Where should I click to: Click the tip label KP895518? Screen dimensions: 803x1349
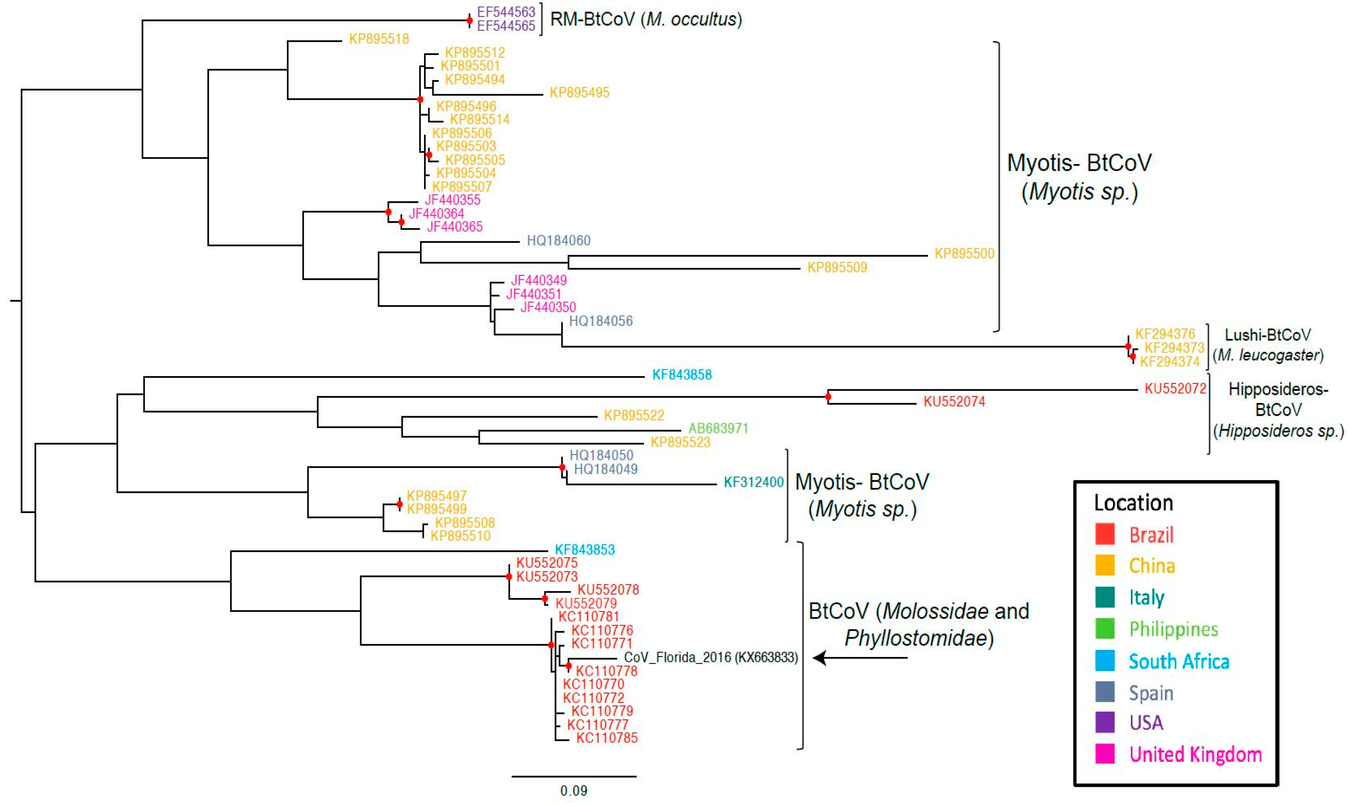[x=378, y=39]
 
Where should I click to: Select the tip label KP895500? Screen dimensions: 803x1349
[x=964, y=254]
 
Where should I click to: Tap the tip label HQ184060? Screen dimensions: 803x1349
[x=558, y=240]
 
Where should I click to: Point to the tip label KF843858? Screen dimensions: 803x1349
[x=681, y=375]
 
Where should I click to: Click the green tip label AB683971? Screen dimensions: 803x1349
[x=718, y=428]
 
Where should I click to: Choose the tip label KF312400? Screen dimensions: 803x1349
[x=753, y=482]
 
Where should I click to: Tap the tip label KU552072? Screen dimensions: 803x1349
[x=1175, y=388]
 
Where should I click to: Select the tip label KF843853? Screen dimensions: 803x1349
[x=585, y=550]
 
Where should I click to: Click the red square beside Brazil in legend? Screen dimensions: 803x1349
[x=1105, y=534]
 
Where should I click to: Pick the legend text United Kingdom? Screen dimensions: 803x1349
[x=1195, y=754]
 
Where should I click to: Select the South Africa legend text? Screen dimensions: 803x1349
[x=1179, y=661]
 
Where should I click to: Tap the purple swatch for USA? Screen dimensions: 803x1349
[x=1105, y=722]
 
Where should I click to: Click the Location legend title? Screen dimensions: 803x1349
[x=1133, y=503]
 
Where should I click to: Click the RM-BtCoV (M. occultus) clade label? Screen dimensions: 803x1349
[x=646, y=19]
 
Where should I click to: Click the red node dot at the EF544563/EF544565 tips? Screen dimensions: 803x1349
[x=469, y=21]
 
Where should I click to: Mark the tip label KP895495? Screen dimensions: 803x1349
[x=579, y=92]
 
